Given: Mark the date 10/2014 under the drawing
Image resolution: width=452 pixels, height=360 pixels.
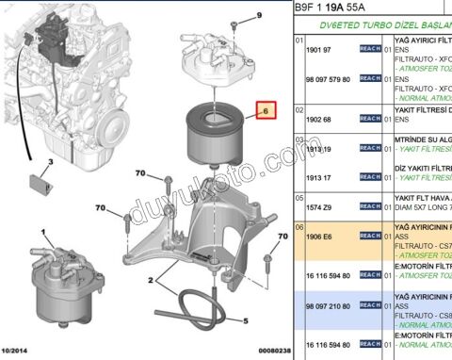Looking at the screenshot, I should [x=17, y=352].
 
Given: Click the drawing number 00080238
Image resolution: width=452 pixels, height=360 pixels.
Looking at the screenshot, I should [x=272, y=352].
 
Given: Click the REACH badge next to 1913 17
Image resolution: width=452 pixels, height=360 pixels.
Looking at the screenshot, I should [x=370, y=178].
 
